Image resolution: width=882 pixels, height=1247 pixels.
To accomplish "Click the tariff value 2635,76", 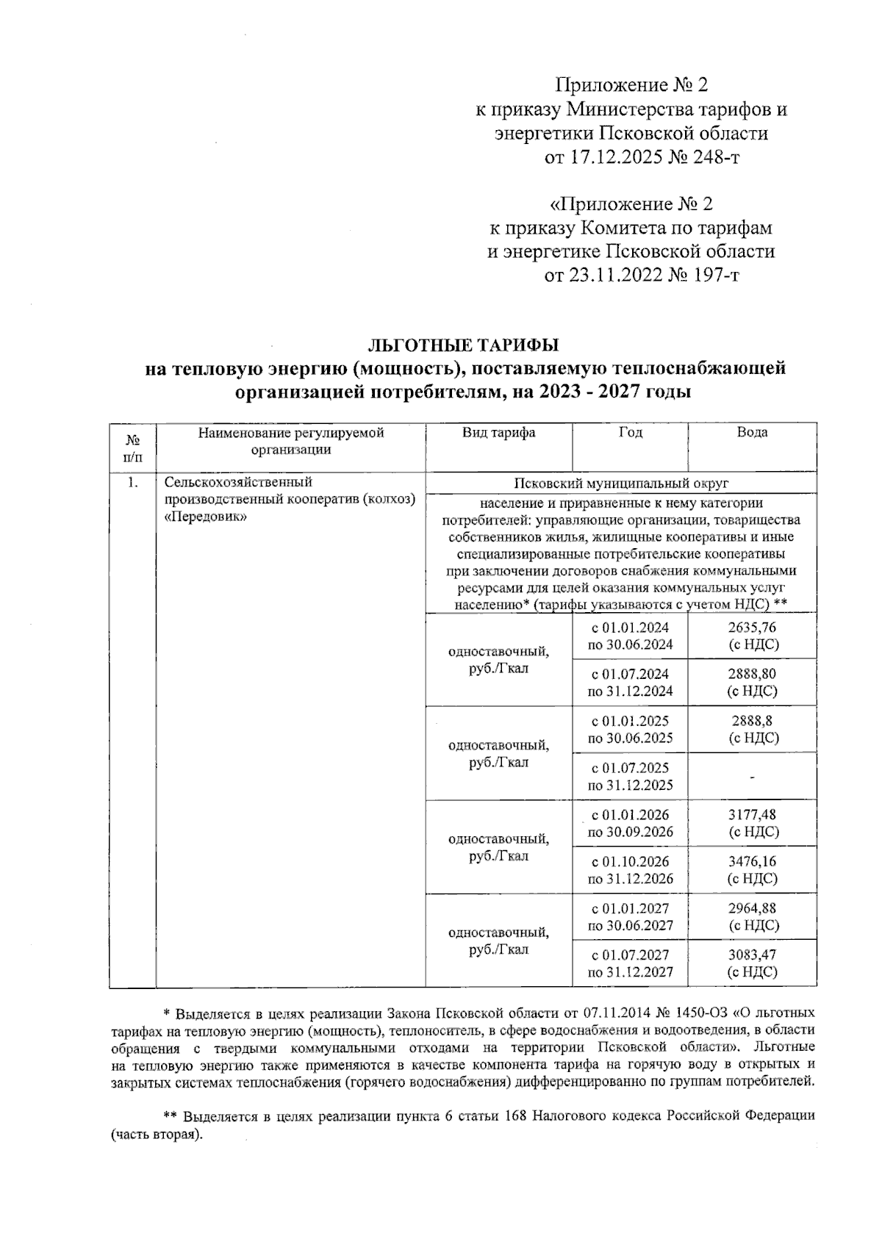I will tap(752, 628).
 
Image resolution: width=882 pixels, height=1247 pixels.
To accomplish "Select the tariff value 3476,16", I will tap(752, 861).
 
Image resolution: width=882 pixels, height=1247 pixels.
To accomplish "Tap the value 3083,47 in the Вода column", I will tap(752, 955).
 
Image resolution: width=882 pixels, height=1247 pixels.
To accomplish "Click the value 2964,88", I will tap(752, 908).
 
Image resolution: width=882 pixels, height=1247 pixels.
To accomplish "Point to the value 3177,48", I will tap(752, 814).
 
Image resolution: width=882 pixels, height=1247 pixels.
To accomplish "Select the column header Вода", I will tap(752, 433).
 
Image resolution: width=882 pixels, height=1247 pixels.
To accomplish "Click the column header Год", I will tap(630, 433).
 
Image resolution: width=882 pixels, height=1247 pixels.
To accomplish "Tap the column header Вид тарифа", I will tap(498, 433).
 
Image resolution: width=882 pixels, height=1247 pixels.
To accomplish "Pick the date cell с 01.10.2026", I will tap(630, 861).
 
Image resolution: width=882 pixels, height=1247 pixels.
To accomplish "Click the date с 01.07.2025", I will tap(630, 768).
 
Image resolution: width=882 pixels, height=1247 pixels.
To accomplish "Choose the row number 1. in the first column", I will tap(132, 484).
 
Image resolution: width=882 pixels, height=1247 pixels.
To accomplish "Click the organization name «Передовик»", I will tap(206, 517).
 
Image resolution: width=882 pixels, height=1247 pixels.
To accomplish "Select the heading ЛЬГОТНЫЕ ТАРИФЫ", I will tap(464, 345).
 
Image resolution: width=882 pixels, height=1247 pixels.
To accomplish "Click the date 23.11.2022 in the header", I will tap(616, 275).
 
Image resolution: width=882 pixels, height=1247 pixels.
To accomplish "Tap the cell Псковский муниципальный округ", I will tap(620, 484).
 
